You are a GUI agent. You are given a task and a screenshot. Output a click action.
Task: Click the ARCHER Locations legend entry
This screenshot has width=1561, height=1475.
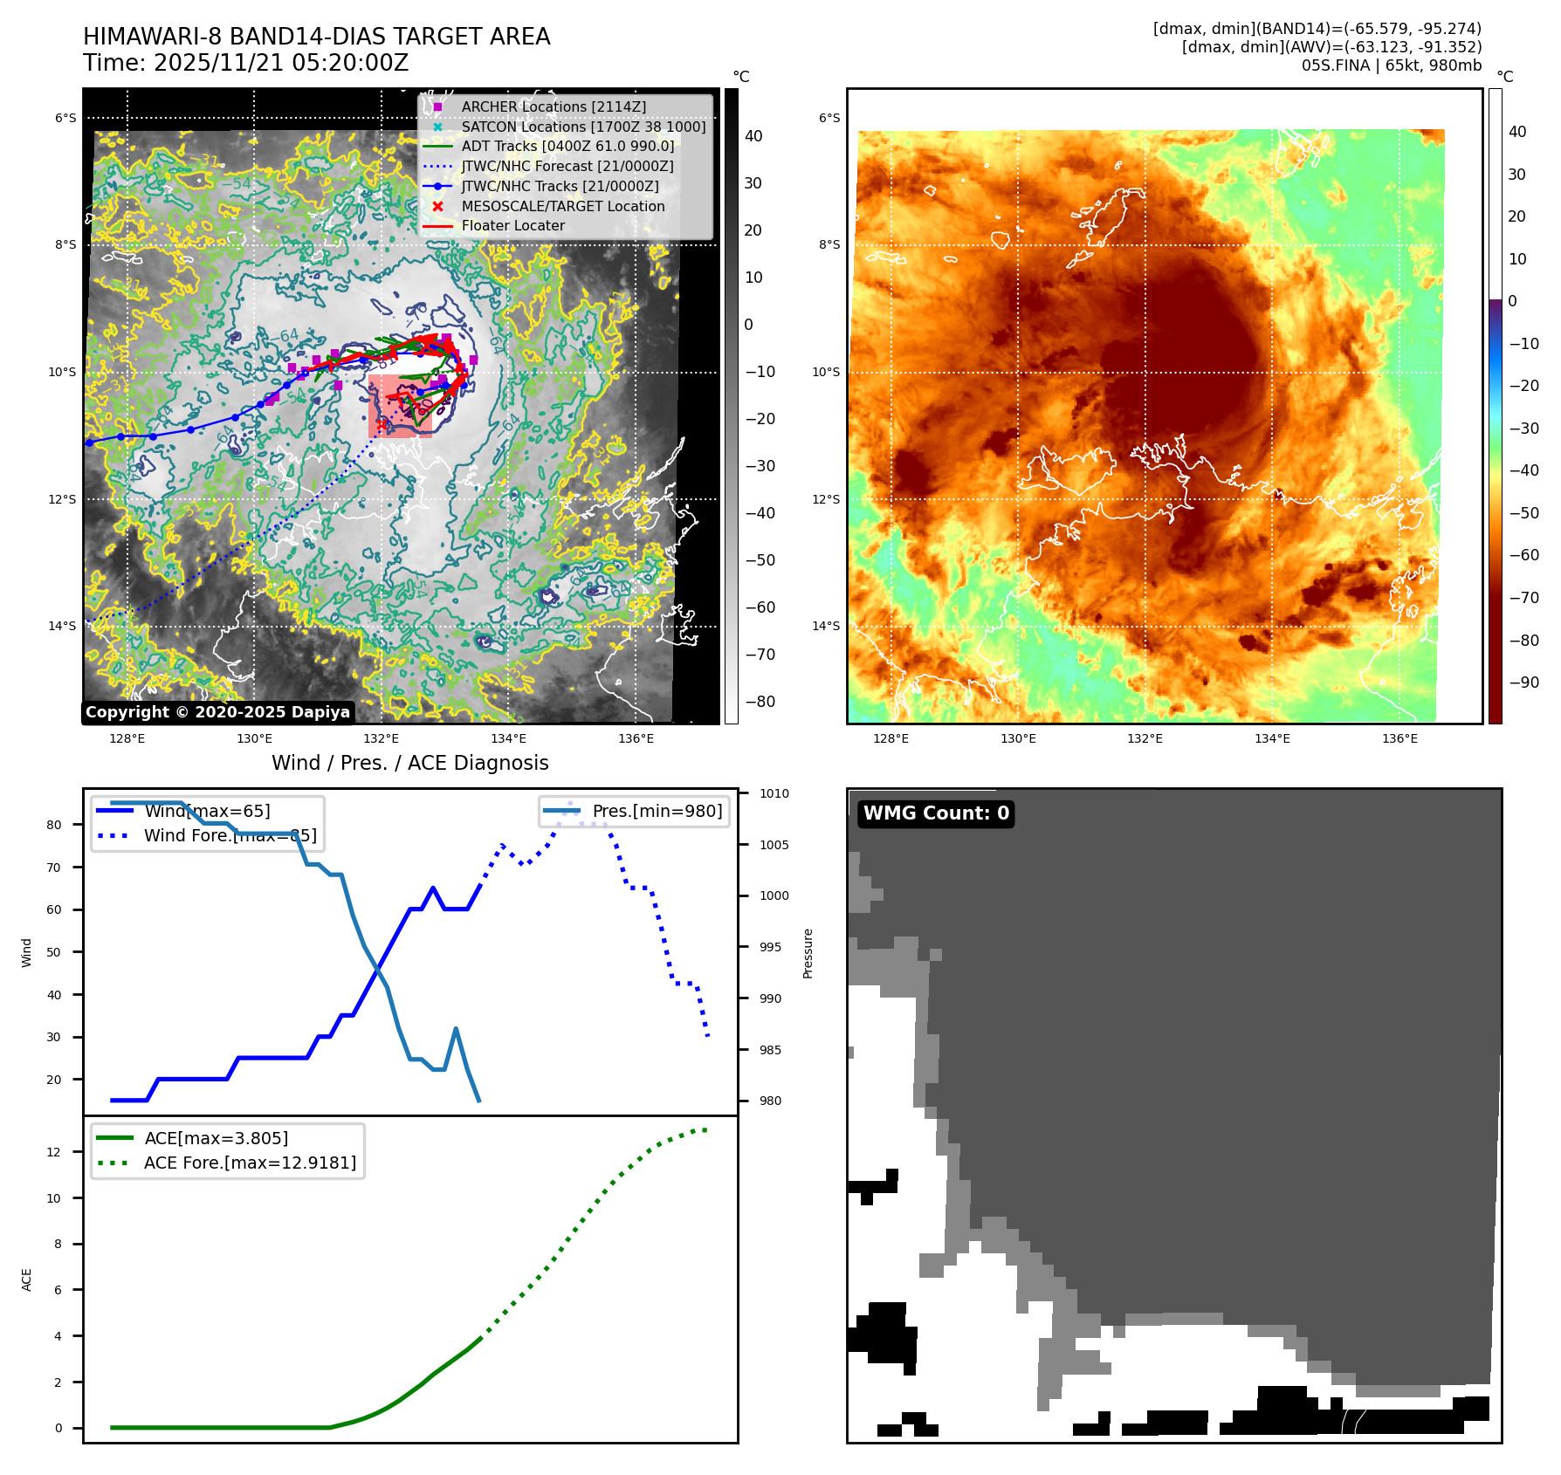click(x=554, y=106)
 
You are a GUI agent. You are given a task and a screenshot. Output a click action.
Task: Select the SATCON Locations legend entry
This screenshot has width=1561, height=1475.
click(x=583, y=127)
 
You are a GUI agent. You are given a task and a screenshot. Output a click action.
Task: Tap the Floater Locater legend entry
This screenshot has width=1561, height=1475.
click(x=512, y=225)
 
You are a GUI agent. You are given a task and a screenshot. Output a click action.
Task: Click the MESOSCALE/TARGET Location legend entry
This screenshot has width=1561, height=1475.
click(x=562, y=206)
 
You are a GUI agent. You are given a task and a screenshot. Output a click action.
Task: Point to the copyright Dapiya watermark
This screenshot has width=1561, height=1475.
click(x=217, y=712)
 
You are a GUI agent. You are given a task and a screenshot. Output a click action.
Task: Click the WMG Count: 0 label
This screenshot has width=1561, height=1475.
click(x=936, y=813)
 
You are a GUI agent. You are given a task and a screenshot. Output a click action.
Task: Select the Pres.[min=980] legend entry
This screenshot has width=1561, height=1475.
click(x=657, y=811)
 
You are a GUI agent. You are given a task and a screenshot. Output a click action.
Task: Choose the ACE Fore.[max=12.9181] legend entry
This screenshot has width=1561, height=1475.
click(x=250, y=1163)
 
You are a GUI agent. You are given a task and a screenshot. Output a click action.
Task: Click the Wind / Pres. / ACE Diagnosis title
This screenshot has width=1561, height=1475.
click(x=409, y=763)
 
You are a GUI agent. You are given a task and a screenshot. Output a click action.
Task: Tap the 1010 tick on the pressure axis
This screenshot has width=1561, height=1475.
click(x=774, y=793)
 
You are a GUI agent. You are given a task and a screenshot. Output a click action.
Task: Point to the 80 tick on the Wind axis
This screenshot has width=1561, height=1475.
click(x=54, y=825)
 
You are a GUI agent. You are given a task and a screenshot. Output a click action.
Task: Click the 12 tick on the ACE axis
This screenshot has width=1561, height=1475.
click(x=54, y=1152)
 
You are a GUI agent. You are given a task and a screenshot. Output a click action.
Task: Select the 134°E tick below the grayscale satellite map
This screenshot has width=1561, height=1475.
click(x=508, y=738)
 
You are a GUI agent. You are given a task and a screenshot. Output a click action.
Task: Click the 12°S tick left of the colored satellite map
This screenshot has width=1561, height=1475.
click(x=826, y=499)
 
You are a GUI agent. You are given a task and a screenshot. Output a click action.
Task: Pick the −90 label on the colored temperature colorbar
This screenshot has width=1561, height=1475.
click(x=1523, y=683)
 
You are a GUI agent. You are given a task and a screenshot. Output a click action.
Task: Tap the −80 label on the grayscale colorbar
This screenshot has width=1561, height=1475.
click(x=760, y=702)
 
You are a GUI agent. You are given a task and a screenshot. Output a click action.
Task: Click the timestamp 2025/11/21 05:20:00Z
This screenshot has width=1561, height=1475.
click(x=281, y=63)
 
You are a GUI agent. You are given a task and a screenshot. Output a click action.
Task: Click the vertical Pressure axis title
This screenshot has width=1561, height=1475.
click(x=808, y=953)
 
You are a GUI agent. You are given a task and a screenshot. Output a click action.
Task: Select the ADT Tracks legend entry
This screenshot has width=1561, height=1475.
click(x=567, y=146)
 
